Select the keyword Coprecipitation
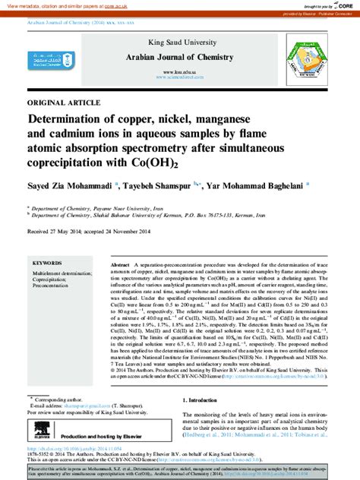click(53, 279)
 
